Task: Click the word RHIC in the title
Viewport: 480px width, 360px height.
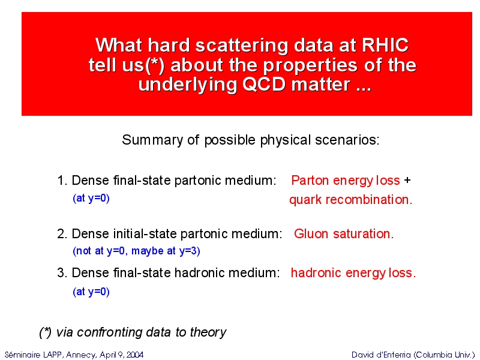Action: tap(385, 46)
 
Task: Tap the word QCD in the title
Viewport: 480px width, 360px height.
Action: tap(264, 84)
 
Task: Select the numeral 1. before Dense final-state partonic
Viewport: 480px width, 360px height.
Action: tap(62, 181)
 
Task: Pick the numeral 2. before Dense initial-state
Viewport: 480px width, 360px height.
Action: tap(62, 234)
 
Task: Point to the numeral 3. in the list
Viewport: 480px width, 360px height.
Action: tap(62, 273)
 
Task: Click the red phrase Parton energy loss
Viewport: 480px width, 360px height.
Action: tap(346, 181)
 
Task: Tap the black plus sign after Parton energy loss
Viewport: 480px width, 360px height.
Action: tap(407, 181)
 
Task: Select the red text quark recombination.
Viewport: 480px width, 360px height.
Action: tap(351, 200)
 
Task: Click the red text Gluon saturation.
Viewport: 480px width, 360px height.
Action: tap(344, 234)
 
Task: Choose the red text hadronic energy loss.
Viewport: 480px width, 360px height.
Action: tap(353, 273)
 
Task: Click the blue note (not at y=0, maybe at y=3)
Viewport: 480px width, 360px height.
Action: tap(137, 251)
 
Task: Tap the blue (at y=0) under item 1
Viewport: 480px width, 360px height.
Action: tap(91, 199)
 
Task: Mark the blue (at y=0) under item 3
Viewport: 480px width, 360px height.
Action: tap(91, 292)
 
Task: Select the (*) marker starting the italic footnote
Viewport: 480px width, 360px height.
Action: tap(46, 332)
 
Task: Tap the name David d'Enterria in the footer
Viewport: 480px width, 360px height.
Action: tap(381, 355)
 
